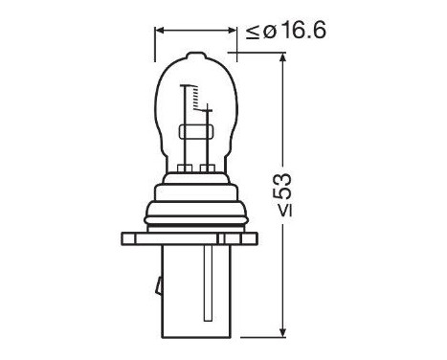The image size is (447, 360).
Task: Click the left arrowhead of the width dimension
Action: coord(160,30)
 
